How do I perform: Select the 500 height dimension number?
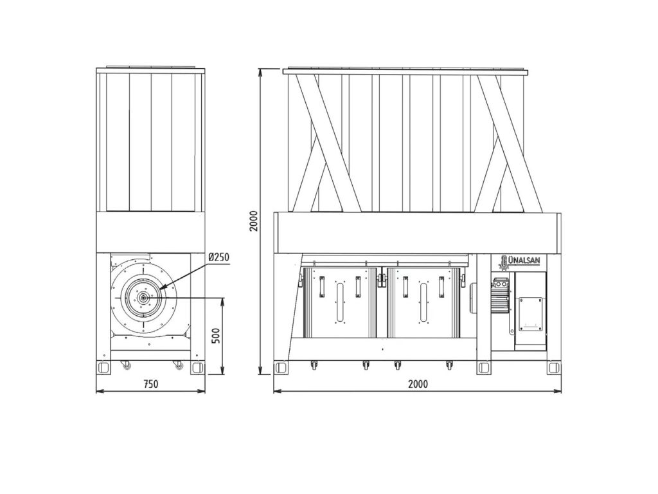[216, 336]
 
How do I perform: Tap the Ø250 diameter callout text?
[219, 257]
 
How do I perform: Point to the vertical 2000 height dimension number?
[253, 221]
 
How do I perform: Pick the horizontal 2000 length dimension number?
[418, 383]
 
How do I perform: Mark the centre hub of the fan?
[143, 298]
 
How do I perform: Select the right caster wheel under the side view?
[179, 365]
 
